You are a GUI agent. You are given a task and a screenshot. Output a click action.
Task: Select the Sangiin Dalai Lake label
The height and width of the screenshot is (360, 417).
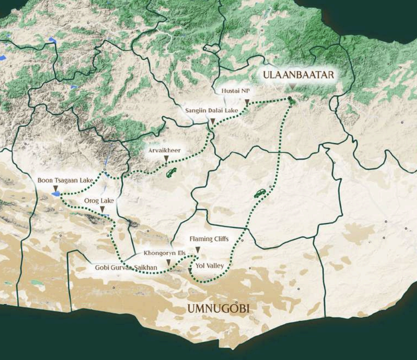point(211,111)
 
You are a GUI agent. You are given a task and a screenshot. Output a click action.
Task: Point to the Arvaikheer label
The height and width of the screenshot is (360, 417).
point(164,150)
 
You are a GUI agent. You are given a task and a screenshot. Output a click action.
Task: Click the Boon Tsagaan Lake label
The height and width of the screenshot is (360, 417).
point(65,180)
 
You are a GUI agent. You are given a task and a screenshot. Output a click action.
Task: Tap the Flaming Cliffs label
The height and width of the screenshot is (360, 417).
point(209,239)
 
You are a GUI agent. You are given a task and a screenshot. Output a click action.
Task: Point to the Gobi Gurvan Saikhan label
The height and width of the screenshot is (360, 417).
point(126,268)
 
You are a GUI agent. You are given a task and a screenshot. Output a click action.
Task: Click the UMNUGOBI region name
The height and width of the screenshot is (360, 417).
point(218,309)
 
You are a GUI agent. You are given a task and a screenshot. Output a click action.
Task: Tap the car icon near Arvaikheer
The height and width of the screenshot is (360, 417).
point(171,172)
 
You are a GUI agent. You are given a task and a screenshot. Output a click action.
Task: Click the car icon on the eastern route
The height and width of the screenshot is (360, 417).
point(260,193)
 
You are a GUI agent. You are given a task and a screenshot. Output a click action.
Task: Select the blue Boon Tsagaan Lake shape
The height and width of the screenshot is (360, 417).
point(56,195)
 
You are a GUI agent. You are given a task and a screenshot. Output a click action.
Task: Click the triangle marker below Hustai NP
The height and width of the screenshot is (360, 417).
point(247,101)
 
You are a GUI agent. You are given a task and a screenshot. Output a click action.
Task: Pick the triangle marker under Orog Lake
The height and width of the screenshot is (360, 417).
point(103,209)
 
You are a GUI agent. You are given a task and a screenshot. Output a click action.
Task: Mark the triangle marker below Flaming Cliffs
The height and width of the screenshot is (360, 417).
point(197,250)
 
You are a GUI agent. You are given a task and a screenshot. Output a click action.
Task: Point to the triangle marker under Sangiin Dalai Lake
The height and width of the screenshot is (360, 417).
point(212,122)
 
